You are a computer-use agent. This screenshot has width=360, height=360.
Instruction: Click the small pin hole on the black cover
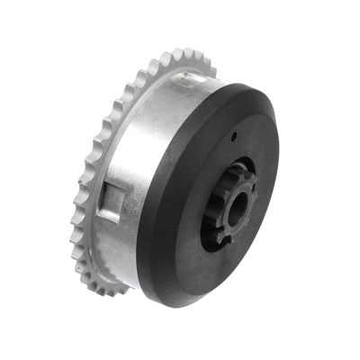[232, 137]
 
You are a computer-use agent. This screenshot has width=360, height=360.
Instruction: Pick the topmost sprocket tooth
[191, 54]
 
